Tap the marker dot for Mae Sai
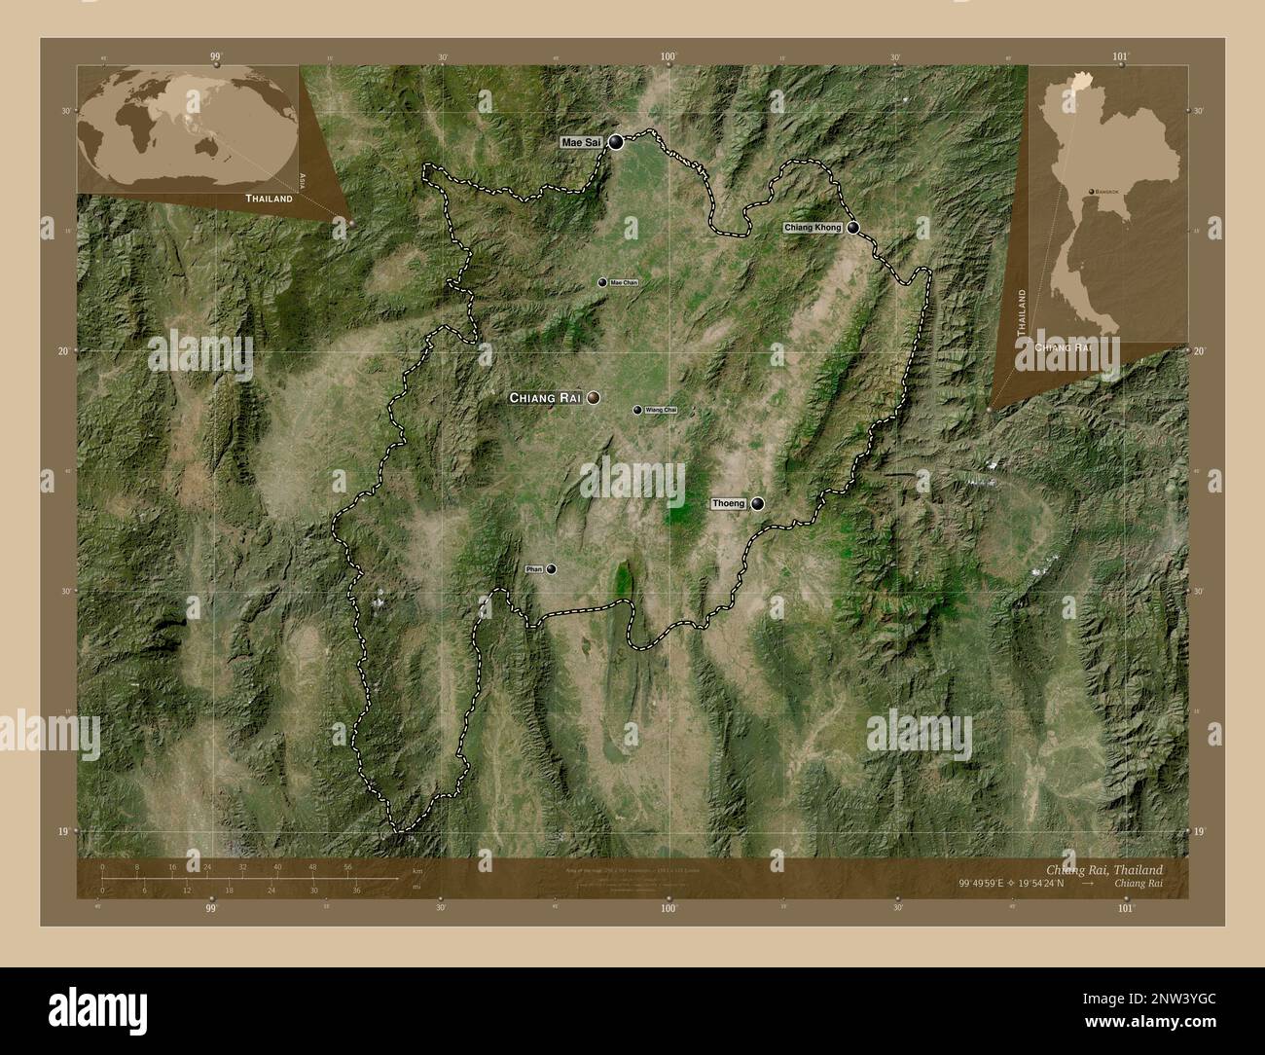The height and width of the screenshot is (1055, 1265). tap(617, 142)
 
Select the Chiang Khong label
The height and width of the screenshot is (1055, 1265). tap(813, 227)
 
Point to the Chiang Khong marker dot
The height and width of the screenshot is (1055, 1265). tap(853, 227)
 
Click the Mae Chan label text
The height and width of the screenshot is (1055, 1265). tap(624, 282)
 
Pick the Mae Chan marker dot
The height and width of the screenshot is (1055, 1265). tap(602, 282)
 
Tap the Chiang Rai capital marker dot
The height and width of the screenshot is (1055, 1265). tap(593, 397)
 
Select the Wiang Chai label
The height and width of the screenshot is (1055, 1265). tap(660, 411)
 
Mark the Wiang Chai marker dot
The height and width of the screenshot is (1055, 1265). tap(637, 411)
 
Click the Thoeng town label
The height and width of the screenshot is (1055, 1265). tap(728, 503)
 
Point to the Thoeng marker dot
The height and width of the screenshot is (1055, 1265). tap(757, 503)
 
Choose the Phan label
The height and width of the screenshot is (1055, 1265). tap(533, 568)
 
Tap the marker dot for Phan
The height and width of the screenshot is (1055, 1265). tap(552, 568)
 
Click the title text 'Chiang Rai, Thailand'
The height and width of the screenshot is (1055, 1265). tap(1102, 868)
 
